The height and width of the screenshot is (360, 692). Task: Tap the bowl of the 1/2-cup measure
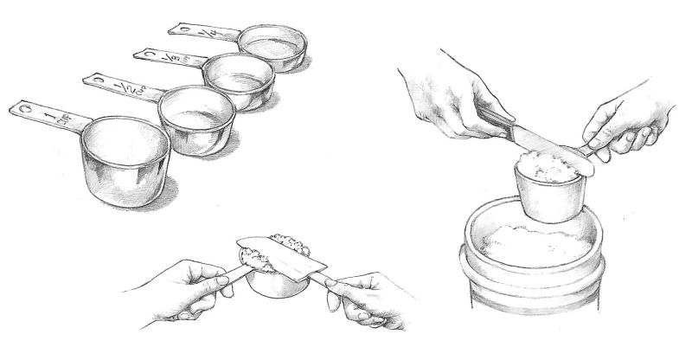click(x=197, y=119)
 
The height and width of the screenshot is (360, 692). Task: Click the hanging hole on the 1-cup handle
click(x=23, y=110)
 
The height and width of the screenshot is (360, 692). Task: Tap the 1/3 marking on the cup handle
click(x=177, y=57)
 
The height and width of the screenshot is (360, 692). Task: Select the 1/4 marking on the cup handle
click(x=208, y=33)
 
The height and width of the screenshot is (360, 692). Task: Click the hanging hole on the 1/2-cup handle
click(x=98, y=80)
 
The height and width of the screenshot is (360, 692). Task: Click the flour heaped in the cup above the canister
click(x=547, y=162)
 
